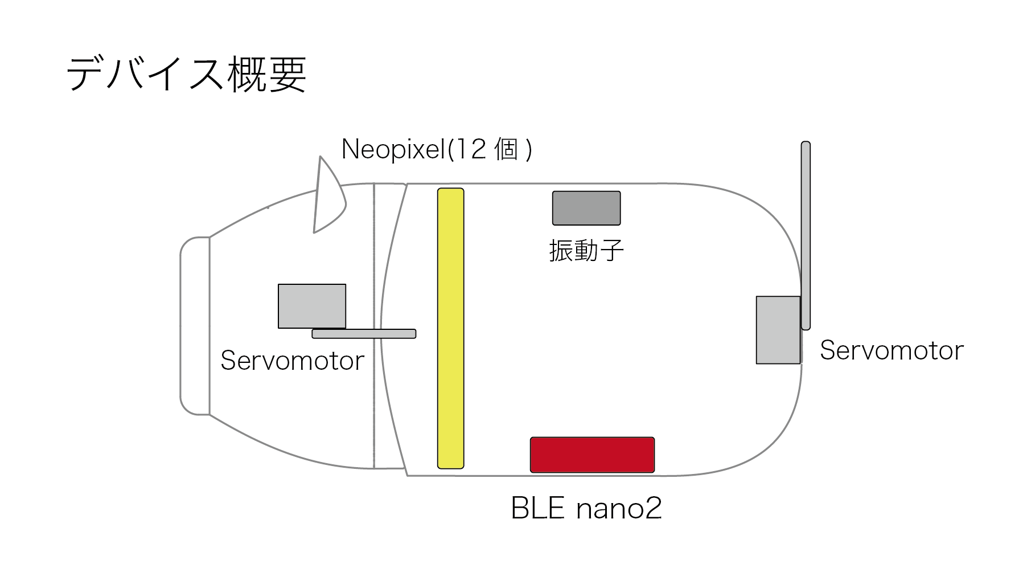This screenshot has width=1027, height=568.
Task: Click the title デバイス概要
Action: [x=187, y=75]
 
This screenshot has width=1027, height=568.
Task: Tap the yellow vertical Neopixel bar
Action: [x=450, y=328]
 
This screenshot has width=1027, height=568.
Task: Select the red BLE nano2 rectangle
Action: [x=592, y=455]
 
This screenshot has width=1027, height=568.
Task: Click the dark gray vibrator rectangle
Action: [x=586, y=208]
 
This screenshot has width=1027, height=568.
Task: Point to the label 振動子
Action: [x=586, y=251]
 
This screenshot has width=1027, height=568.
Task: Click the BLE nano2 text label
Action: [x=586, y=508]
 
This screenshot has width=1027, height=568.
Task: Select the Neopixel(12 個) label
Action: [x=437, y=150]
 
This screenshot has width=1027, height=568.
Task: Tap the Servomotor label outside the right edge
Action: [x=892, y=350]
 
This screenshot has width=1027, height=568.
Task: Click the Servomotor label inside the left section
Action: [x=292, y=361]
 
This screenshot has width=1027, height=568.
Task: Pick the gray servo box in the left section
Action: [x=311, y=306]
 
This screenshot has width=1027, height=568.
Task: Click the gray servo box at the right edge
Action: [x=778, y=330]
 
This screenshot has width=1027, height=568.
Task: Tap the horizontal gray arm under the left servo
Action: [x=364, y=334]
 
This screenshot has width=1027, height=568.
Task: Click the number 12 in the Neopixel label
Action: [x=470, y=150]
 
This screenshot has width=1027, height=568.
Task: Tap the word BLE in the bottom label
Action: [x=538, y=508]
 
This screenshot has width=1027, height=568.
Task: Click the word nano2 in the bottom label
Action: [x=619, y=508]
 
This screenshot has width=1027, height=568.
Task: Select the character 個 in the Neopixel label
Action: [x=506, y=150]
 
